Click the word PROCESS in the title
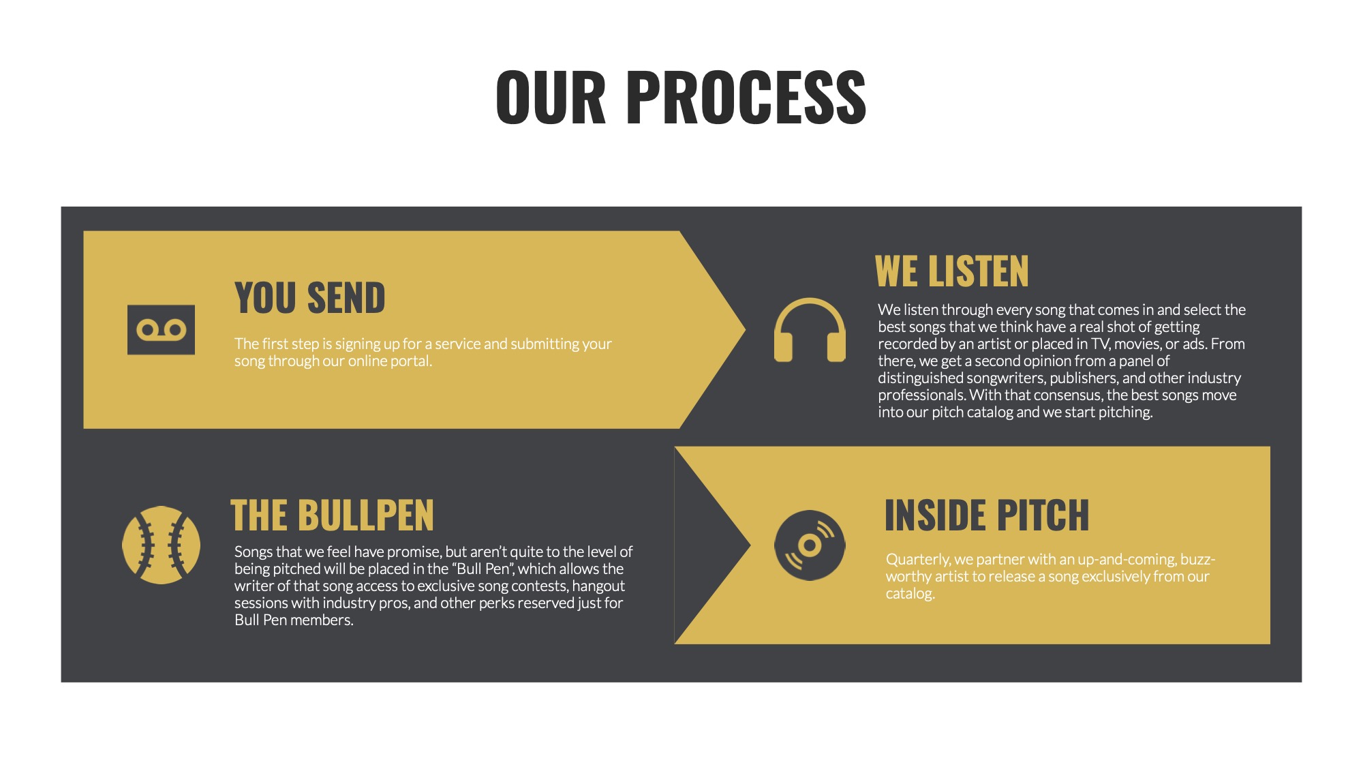[746, 97]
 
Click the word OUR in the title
[551, 97]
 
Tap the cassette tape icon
[161, 330]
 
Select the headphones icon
[810, 330]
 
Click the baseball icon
[162, 545]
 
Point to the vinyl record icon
[810, 545]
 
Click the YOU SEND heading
[310, 298]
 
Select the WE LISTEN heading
[951, 271]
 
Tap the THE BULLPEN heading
[333, 515]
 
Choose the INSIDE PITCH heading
[986, 515]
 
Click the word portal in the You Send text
[411, 361]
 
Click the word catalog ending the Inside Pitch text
[910, 594]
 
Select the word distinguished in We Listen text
[921, 378]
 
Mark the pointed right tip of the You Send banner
[746, 330]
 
